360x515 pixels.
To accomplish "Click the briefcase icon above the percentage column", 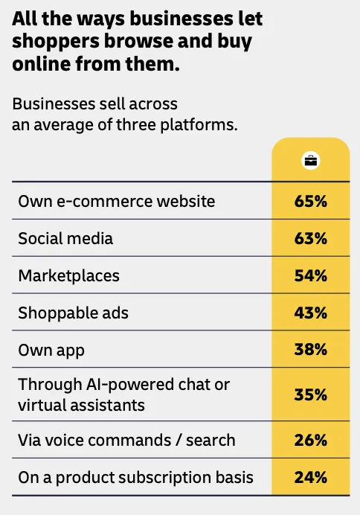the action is coord(310,161).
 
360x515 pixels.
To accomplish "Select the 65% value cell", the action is coord(310,201).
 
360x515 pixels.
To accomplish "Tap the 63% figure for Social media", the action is coord(310,238).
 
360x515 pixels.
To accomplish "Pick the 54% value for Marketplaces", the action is coord(310,275).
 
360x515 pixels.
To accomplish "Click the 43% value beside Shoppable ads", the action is coord(310,313).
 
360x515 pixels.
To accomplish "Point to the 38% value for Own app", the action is coord(310,350).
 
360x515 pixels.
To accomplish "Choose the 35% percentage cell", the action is coord(310,394).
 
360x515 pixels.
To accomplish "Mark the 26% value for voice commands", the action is coord(310,440).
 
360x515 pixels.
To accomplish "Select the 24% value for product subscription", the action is coord(310,477).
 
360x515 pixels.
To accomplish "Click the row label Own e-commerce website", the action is coord(117,201).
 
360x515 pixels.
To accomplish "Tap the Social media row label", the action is coord(65,238).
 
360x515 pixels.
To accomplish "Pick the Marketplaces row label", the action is coord(68,276).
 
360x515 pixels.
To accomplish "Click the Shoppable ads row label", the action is coord(73,313).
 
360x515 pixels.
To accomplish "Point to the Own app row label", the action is coord(51,351).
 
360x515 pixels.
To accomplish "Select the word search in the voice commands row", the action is coord(210,440).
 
